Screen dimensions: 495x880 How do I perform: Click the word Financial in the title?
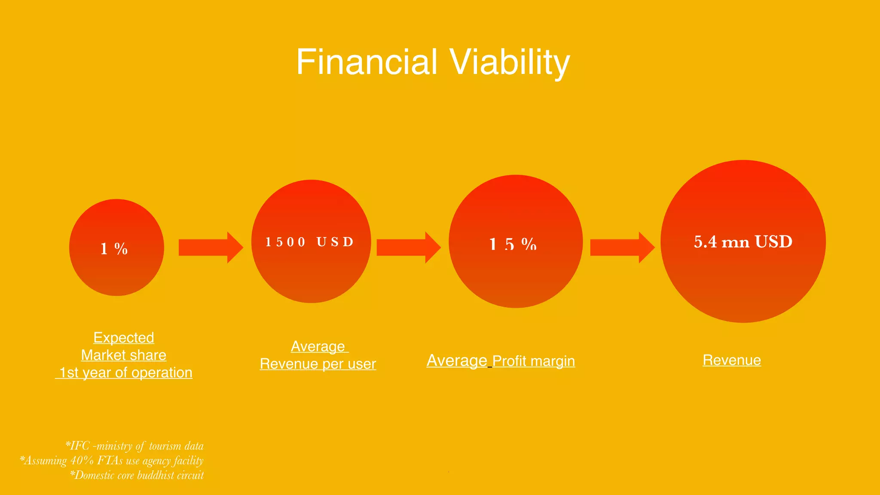coord(367,62)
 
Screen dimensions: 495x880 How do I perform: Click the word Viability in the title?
coord(510,62)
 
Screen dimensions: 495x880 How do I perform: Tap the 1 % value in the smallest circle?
coord(114,249)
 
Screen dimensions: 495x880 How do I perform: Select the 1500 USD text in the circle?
coord(309,242)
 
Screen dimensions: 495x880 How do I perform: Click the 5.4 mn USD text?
coord(743,242)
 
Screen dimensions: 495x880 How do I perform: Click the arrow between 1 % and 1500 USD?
coord(210,247)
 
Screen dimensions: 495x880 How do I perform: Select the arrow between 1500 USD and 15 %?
coord(408,247)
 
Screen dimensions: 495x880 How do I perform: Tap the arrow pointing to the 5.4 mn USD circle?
coord(622,247)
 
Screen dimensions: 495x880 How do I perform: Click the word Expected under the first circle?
coord(124,338)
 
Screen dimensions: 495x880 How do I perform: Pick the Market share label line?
coord(124,355)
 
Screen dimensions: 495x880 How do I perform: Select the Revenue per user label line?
coord(318,364)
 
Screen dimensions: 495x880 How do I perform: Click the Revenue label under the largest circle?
coord(732,360)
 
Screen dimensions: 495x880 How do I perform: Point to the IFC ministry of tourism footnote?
coord(134,446)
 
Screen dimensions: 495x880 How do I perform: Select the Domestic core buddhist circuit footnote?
coord(137,475)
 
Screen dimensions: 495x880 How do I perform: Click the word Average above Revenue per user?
coord(318,346)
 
